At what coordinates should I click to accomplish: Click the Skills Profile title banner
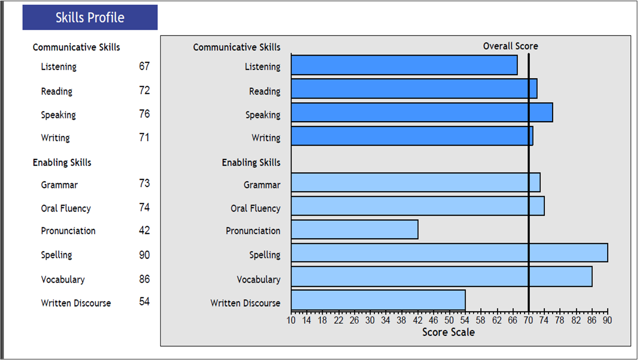[90, 18]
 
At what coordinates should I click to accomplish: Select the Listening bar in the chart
[404, 65]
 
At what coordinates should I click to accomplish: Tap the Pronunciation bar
[354, 229]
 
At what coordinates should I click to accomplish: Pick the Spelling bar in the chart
[449, 252]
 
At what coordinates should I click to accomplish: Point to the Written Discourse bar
[378, 300]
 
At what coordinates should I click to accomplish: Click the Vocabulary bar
[442, 277]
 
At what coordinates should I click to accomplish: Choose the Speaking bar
[422, 112]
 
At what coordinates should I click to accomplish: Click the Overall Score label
[510, 46]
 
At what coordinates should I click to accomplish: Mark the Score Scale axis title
[448, 332]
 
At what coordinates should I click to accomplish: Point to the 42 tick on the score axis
[418, 320]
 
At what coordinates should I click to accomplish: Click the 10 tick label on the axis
[291, 320]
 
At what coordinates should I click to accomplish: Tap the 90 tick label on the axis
[607, 320]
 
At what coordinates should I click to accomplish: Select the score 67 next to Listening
[145, 66]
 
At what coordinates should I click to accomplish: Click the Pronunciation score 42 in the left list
[145, 230]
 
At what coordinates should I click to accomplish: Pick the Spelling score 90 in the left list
[145, 255]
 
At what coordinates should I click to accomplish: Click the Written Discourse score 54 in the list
[145, 302]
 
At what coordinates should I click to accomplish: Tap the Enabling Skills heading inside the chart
[251, 163]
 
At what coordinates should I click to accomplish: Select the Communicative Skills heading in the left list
[76, 48]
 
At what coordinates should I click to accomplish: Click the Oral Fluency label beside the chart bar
[255, 208]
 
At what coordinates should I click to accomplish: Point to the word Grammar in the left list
[59, 185]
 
